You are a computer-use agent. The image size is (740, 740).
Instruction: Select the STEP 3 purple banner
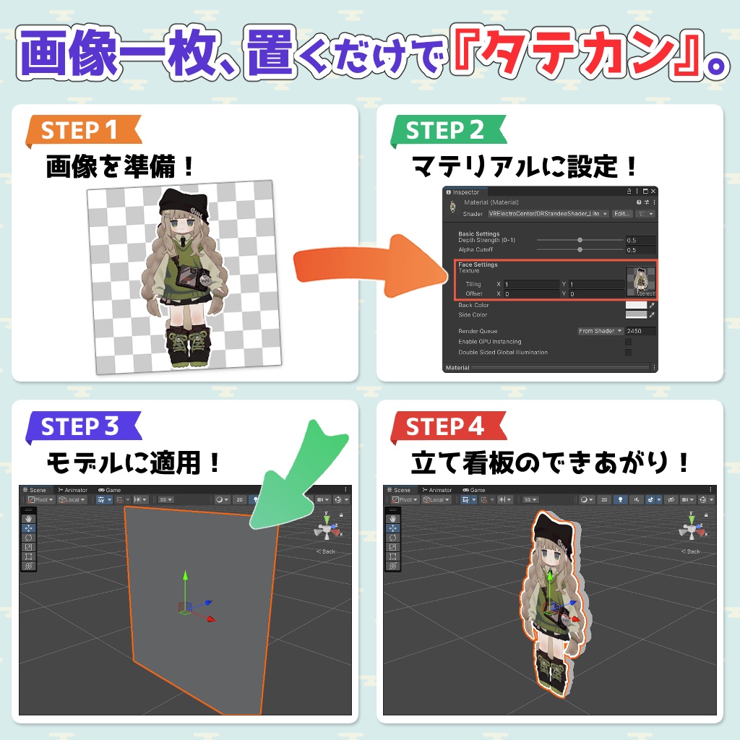coord(79,427)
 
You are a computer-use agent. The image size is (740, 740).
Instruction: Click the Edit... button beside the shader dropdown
coord(621,214)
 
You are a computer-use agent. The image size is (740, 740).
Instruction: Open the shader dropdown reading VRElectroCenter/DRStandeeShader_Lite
coord(548,214)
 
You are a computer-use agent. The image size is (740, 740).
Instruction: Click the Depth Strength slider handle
coord(580,240)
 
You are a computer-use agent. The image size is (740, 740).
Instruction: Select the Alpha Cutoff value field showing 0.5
coord(640,250)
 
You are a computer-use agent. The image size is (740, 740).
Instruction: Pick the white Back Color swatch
coord(635,306)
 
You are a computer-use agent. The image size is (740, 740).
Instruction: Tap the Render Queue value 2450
coord(640,331)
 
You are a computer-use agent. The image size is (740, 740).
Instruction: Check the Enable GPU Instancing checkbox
coord(628,342)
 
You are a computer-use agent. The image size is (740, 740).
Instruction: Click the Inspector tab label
coord(465,192)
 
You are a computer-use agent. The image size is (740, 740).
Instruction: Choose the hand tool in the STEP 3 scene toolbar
coord(28,519)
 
